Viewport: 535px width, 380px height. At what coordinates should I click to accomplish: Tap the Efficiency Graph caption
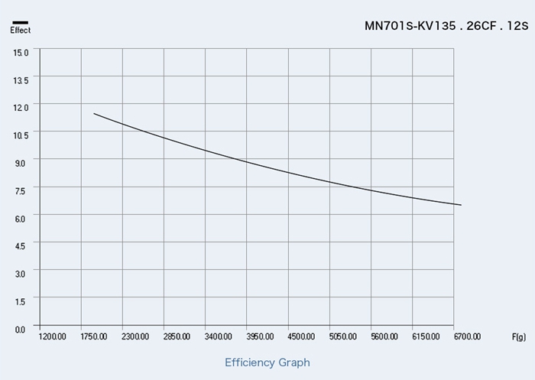coord(267,362)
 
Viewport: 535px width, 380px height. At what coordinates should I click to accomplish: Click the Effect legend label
coord(21,31)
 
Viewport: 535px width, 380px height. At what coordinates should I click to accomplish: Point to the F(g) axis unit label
coord(519,336)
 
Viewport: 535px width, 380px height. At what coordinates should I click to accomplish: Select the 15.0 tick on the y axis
coord(21,52)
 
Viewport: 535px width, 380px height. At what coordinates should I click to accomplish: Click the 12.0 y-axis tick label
coord(21,107)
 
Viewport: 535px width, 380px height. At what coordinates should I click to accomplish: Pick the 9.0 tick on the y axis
coord(21,163)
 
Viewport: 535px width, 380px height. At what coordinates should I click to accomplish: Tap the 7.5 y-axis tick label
coord(21,190)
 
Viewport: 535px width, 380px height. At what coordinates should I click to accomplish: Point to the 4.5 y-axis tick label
coord(21,245)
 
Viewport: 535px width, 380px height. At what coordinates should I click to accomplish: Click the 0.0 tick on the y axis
coord(21,329)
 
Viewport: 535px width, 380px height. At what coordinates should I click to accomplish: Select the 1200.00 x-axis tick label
coord(53,336)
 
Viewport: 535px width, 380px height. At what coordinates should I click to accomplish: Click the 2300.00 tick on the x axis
coord(135,336)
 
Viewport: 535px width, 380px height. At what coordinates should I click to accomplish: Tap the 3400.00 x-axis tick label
coord(218,336)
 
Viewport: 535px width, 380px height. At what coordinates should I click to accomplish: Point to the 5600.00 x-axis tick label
coord(384,336)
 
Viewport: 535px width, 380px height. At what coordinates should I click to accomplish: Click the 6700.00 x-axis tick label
coord(466,336)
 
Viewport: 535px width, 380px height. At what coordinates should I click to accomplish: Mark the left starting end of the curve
coord(94,113)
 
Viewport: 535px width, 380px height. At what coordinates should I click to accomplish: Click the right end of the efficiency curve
coord(461,205)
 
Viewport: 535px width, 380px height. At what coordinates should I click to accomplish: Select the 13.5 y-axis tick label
coord(21,80)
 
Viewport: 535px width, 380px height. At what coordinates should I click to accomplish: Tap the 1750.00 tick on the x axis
coord(94,336)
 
